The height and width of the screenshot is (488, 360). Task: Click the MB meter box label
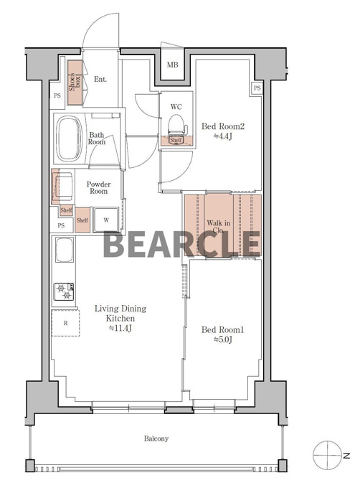(x=173, y=65)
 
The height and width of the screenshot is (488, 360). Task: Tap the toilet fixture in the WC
(x=176, y=125)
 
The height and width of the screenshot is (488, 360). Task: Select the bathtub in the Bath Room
(x=69, y=139)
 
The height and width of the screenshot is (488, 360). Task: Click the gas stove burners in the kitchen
(x=64, y=291)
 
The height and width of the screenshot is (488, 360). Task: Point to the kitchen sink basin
(x=65, y=250)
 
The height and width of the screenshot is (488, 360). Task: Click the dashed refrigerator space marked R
(x=65, y=323)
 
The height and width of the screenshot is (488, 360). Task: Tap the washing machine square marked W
(x=106, y=220)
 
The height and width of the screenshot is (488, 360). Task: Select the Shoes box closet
(x=75, y=82)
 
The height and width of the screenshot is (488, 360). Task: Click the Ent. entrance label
(x=100, y=80)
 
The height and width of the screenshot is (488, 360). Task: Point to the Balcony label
(x=156, y=438)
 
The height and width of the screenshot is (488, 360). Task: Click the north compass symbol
(x=328, y=455)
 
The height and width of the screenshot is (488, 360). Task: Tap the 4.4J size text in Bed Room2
(x=222, y=136)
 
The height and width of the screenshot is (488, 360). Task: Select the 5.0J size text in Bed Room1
(x=222, y=339)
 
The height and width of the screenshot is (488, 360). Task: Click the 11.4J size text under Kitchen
(x=120, y=328)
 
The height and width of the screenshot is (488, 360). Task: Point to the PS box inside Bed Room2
(x=257, y=88)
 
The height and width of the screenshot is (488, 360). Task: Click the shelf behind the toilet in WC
(x=176, y=141)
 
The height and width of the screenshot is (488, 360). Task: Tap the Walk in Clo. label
(x=219, y=227)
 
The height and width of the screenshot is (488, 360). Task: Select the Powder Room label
(x=98, y=188)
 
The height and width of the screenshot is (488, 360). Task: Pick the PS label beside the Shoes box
(x=57, y=96)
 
